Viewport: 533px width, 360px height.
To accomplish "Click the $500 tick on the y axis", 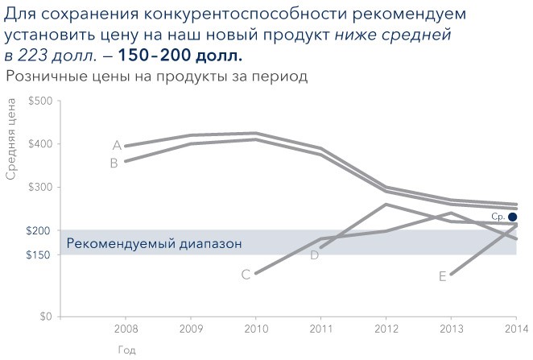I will (40, 101).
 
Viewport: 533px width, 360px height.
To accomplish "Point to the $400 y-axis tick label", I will (40, 144).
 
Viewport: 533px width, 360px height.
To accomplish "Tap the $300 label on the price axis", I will (40, 188).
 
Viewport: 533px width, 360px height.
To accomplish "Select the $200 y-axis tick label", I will (40, 231).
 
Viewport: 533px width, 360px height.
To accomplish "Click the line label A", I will (117, 146).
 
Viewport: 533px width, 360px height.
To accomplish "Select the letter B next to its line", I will (114, 163).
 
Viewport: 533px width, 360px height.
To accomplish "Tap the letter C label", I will (246, 275).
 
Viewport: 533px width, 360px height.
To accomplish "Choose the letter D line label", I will (315, 255).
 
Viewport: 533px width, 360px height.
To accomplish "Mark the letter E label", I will (443, 276).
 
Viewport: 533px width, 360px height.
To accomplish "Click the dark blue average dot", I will (513, 217).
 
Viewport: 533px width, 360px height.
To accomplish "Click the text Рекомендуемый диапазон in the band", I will (154, 243).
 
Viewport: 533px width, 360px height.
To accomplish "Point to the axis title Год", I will (126, 350).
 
